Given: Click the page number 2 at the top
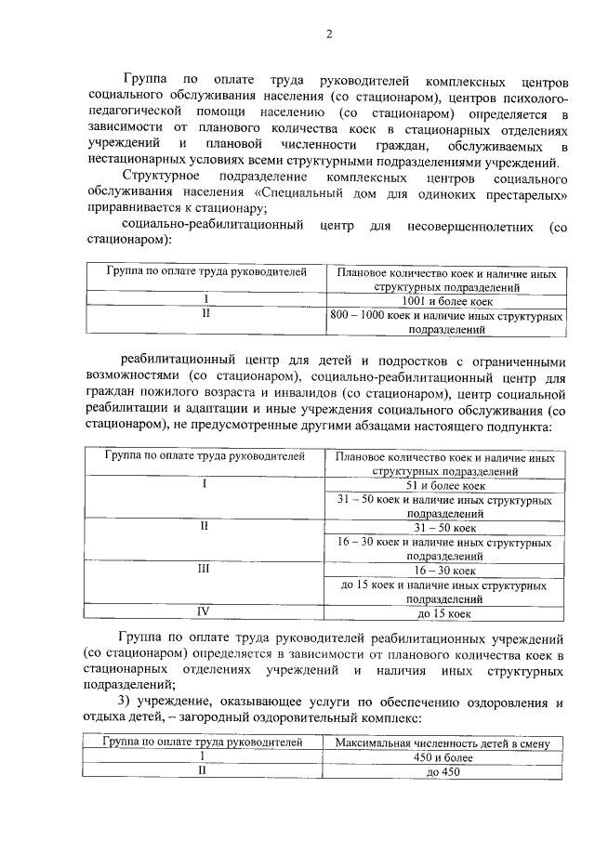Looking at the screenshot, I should coord(328,35).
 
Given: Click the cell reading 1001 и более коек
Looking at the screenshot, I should coord(445,301).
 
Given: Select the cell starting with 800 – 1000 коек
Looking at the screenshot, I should coord(445,322).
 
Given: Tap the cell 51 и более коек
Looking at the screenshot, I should coord(445,485).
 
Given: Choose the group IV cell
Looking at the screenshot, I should coord(204,613).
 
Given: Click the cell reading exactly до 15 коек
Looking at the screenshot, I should coord(445,614).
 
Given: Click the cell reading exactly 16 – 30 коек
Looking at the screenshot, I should coord(445,571).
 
